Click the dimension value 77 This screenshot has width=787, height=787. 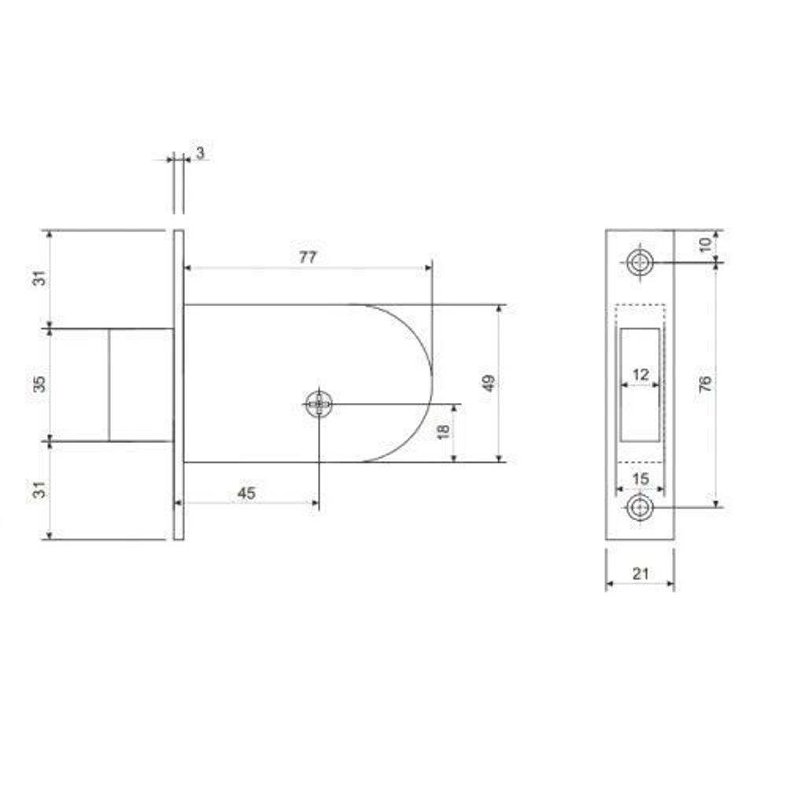308,257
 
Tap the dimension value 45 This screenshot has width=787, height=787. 246,493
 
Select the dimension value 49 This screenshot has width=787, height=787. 488,382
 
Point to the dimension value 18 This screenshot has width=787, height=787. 443,431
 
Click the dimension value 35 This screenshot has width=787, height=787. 39,384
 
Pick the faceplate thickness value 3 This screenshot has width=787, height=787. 200,153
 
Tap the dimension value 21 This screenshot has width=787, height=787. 640,573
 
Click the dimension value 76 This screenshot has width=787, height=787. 704,383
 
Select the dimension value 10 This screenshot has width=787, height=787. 705,245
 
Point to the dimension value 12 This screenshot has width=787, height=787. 641,375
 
